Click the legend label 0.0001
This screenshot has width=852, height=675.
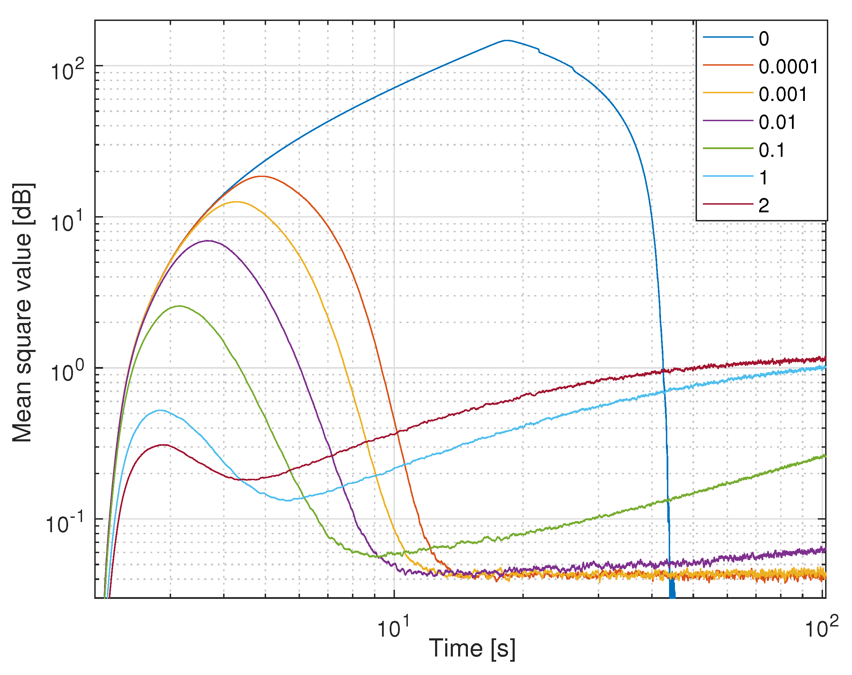click(x=788, y=67)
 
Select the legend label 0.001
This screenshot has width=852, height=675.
click(x=783, y=94)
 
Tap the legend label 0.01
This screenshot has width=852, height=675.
click(x=777, y=122)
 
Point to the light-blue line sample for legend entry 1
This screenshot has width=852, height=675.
click(x=728, y=176)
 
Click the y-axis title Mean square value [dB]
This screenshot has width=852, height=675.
click(x=23, y=312)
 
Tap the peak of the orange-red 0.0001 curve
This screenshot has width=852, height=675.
click(x=262, y=176)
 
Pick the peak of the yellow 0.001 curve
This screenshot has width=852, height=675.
click(x=236, y=202)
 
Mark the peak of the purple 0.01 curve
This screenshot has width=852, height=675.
click(x=208, y=241)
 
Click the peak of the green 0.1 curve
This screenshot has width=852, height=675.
click(x=180, y=306)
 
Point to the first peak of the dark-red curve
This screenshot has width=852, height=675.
click(x=163, y=445)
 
